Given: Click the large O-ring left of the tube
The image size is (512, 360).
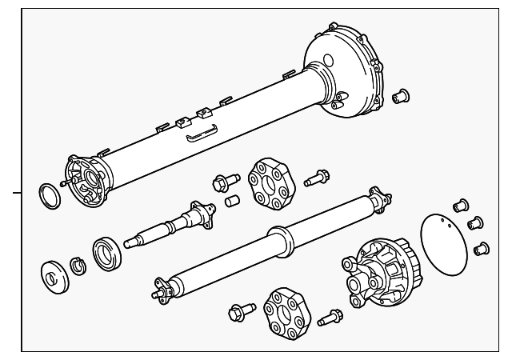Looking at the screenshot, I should [50, 194].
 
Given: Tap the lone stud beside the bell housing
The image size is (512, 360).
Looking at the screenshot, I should [401, 96].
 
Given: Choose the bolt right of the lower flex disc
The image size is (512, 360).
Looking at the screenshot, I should [330, 318].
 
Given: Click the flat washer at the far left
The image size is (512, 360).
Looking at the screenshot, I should [54, 274].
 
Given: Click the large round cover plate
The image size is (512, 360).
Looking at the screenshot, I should [445, 240].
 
